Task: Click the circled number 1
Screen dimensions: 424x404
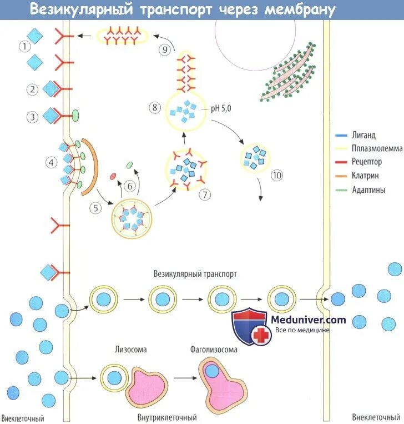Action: tap(24, 47)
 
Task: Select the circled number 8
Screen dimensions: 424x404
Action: tap(155, 106)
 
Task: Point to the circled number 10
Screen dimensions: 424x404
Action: tap(277, 176)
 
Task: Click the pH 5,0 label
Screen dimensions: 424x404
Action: tap(221, 109)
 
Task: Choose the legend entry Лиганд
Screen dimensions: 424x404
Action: tap(363, 135)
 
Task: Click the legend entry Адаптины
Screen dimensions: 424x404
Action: tap(367, 190)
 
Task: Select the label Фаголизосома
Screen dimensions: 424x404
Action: tap(213, 350)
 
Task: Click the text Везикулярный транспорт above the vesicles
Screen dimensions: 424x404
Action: tap(195, 275)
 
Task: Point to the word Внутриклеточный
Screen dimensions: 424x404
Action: tap(167, 417)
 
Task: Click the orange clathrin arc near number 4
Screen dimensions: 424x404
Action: tap(89, 167)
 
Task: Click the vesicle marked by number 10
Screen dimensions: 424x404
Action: tap(256, 157)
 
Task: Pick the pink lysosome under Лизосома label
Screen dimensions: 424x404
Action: tap(148, 387)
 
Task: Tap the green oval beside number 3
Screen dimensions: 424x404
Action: tap(75, 116)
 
